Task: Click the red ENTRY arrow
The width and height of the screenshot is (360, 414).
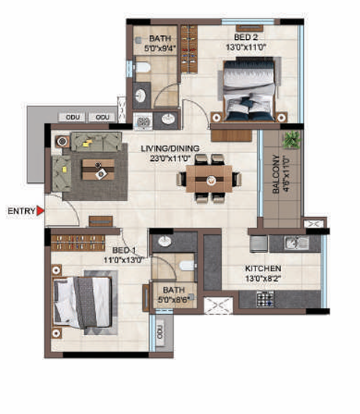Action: click(x=40, y=211)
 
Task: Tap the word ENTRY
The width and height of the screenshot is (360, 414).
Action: click(x=21, y=211)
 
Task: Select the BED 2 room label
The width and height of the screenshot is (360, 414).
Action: click(x=246, y=37)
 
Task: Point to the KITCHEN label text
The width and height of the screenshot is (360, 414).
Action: click(x=263, y=269)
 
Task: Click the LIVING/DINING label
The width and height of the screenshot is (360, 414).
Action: click(x=170, y=148)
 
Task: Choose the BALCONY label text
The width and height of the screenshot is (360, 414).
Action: click(x=276, y=174)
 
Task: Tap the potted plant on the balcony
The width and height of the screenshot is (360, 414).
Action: click(x=291, y=139)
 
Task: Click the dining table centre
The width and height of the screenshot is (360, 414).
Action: click(x=209, y=179)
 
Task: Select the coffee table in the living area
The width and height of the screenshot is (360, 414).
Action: click(x=98, y=170)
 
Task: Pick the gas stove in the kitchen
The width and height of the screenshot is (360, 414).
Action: click(x=266, y=299)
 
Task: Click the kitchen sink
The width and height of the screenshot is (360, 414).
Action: click(x=297, y=243)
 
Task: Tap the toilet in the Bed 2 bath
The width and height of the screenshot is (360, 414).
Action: click(x=143, y=67)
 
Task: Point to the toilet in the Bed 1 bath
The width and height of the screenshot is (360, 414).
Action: click(x=187, y=266)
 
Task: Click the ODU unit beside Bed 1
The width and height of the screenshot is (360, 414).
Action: click(x=160, y=332)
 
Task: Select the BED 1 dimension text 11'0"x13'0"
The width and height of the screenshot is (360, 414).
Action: click(x=124, y=260)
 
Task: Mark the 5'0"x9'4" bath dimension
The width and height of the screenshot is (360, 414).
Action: click(x=160, y=48)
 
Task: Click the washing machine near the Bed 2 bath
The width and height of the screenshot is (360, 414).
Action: click(x=143, y=121)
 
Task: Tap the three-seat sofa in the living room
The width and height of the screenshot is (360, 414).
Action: click(x=97, y=142)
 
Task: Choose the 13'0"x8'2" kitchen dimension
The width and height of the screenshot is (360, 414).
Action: click(x=263, y=279)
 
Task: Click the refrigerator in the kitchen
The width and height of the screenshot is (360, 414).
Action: click(x=259, y=244)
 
